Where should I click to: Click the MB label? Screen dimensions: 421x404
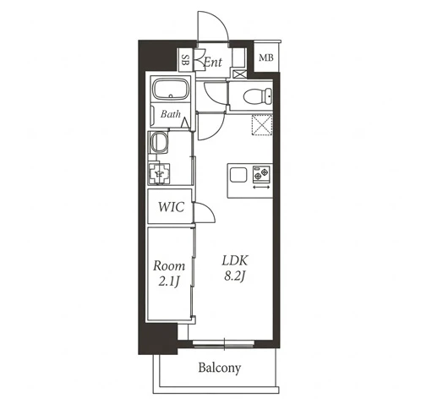(266, 57)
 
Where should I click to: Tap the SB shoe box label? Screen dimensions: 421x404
(185, 60)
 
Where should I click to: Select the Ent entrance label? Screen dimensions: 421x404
(213, 62)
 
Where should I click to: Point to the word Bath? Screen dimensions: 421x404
(171, 114)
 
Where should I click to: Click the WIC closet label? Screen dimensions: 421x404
(171, 207)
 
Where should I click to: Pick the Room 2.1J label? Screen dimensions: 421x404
(169, 274)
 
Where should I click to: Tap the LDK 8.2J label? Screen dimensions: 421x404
(235, 268)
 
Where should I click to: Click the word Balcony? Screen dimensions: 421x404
(220, 368)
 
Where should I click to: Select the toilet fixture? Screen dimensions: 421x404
(258, 96)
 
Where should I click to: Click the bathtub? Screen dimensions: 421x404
(170, 90)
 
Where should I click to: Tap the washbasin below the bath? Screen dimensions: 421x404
(159, 143)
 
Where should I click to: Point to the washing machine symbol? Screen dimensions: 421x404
(159, 174)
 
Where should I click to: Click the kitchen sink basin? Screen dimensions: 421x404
(238, 175)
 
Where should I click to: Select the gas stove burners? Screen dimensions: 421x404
(261, 173)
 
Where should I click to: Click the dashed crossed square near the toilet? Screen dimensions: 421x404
(262, 125)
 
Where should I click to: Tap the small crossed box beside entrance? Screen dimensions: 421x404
(239, 74)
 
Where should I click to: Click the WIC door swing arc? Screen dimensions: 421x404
(210, 209)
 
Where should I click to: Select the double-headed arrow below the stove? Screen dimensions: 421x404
(261, 187)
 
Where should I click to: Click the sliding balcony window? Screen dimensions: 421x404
(224, 344)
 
